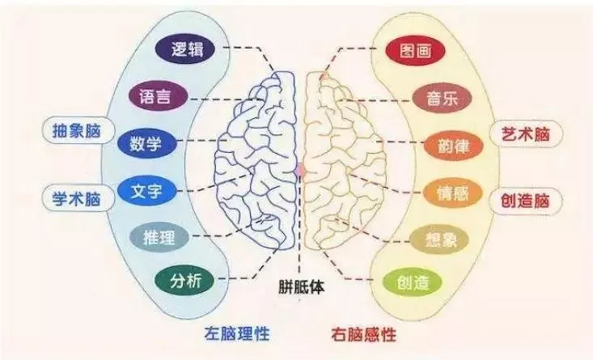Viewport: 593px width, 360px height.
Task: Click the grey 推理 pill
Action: coord(159,237)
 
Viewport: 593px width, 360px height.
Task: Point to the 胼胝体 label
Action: coord(299,286)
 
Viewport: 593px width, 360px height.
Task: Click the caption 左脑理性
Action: coord(236,333)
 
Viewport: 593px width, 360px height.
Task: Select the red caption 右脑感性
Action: coord(364,333)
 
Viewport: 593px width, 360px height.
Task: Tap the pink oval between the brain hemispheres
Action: coord(299,170)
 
